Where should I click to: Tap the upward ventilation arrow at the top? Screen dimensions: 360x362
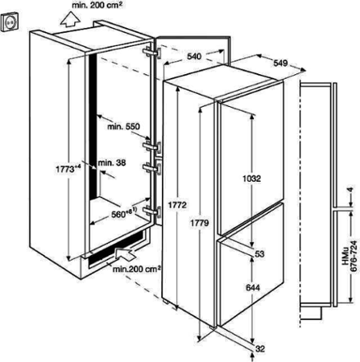pos(70,19)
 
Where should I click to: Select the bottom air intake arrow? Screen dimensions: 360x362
pos(126,253)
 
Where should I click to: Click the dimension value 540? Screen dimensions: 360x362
pos(194,56)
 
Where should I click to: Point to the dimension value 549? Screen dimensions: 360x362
pos(280,63)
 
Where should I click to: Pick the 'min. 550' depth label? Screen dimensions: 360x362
pos(123,126)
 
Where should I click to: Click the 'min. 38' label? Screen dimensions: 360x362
pos(112,162)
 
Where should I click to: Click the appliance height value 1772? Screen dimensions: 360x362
pos(177,204)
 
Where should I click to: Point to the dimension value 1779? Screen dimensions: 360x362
pos(200,222)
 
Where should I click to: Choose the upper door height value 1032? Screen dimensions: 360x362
pos(251,179)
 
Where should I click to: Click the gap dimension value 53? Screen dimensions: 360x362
pos(259,253)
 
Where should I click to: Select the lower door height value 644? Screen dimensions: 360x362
pos(253,287)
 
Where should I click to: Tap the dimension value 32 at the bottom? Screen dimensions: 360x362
pos(260,349)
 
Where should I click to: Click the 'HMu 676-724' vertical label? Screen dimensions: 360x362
pos(350,255)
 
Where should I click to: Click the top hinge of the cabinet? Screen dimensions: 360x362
pos(152,52)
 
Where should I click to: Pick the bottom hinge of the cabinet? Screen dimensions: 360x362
pos(152,211)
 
